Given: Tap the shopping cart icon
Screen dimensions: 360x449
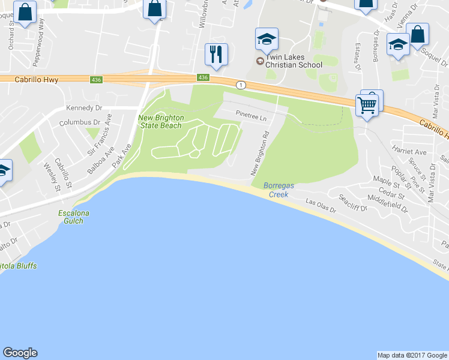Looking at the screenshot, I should click(x=367, y=105).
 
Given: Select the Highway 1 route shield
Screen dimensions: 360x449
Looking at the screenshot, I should click(x=240, y=85).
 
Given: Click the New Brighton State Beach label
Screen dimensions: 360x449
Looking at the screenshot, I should click(x=161, y=122).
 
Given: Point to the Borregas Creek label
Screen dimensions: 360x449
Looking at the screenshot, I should click(x=278, y=190).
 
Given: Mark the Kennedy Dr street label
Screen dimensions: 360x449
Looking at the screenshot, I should click(x=84, y=108).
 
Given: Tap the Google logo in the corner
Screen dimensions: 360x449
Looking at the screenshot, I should click(x=20, y=353).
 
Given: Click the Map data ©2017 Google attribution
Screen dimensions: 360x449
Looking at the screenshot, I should click(x=412, y=355).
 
